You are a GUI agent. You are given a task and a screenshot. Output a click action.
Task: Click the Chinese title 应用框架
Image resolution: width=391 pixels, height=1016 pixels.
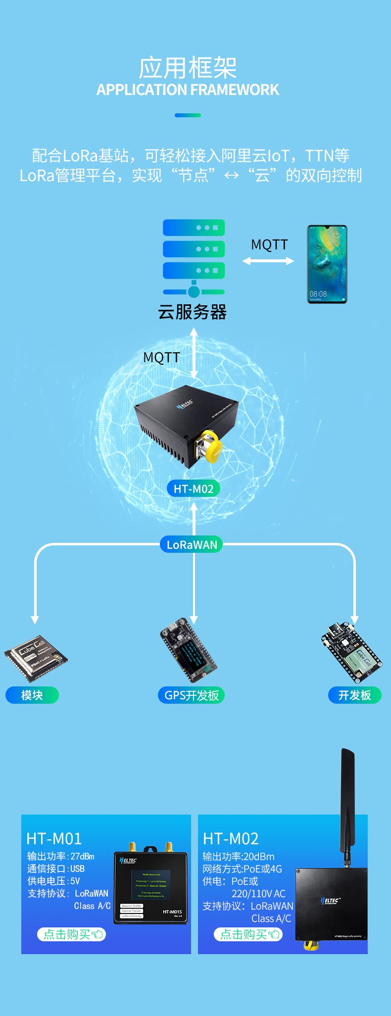[188, 68]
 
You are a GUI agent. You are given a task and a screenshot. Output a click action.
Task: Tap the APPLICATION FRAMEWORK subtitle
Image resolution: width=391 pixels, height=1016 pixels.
[188, 90]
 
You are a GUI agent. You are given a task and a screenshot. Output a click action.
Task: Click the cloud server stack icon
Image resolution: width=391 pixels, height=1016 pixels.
[194, 257]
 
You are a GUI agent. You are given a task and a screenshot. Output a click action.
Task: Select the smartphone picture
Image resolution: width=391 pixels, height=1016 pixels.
[327, 264]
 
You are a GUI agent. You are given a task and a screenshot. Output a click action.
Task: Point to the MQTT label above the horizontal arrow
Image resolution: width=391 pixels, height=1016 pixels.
[269, 244]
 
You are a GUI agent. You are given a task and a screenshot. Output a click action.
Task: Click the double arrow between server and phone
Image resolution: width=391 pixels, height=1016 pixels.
[268, 261]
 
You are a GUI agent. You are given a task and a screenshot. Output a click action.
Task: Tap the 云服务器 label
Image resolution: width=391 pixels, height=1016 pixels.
[192, 312]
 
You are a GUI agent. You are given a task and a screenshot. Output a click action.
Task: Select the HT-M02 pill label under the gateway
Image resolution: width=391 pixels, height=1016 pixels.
[194, 489]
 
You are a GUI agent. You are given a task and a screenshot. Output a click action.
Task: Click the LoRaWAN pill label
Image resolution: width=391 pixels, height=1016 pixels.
[192, 545]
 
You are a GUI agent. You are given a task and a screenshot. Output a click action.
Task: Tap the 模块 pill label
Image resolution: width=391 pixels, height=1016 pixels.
[32, 695]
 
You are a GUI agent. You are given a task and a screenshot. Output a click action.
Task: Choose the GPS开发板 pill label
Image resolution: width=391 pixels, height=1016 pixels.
[192, 695]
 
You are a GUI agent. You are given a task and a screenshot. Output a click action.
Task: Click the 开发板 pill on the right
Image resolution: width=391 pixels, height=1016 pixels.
[354, 695]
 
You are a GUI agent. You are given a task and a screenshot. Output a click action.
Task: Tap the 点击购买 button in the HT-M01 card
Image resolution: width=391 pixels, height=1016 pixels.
[72, 934]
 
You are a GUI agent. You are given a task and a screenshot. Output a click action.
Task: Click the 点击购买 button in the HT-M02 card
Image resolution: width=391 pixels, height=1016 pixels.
[248, 934]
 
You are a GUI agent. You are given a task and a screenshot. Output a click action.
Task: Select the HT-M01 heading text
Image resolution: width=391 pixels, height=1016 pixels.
[54, 838]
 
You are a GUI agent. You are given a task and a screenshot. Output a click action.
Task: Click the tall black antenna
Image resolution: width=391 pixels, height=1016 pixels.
[347, 802]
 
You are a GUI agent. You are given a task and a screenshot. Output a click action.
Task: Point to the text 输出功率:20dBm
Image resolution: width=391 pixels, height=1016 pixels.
[239, 857]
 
